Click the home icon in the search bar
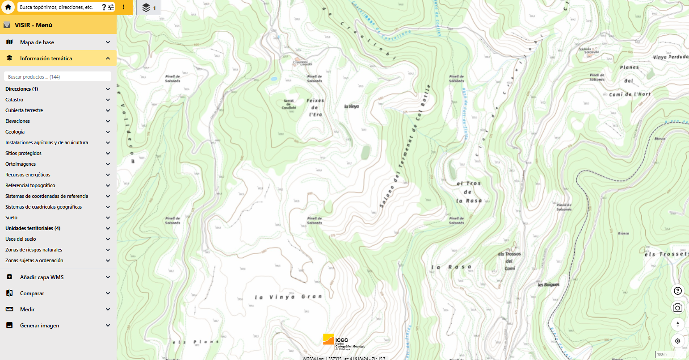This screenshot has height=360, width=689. [x=8, y=7]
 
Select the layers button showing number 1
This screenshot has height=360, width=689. [x=148, y=8]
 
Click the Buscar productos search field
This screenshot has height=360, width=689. [x=57, y=77]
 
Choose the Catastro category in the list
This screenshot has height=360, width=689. [x=14, y=100]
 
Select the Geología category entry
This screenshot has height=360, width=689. [x=15, y=132]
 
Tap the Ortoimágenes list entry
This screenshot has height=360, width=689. [x=21, y=164]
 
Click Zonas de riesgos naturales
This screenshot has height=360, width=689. [x=34, y=250]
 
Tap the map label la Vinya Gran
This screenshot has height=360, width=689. [x=288, y=297]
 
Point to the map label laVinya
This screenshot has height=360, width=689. [x=351, y=106]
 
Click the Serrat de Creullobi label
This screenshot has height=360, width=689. [x=289, y=104]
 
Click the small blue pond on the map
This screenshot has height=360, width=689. [x=273, y=79]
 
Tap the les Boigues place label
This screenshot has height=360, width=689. [x=548, y=285]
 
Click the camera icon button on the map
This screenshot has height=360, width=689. [x=677, y=308]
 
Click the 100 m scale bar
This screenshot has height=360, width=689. [x=670, y=354]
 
